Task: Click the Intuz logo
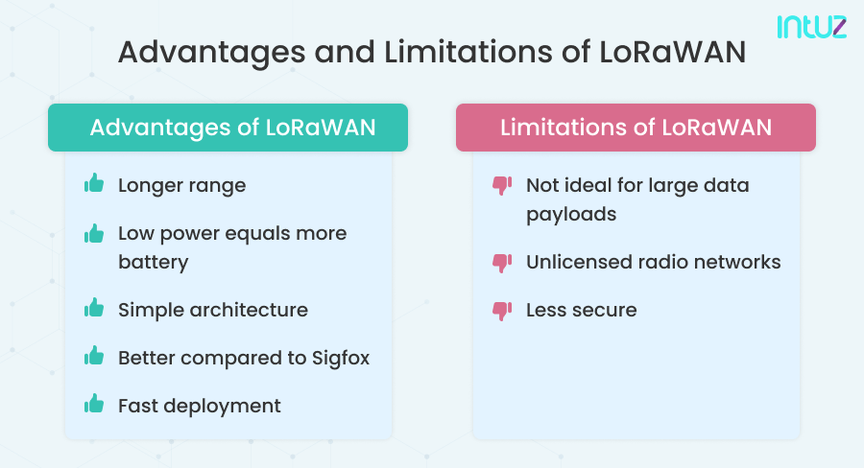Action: click(x=811, y=26)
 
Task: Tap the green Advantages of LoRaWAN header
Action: click(x=228, y=128)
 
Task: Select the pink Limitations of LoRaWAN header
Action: click(x=636, y=128)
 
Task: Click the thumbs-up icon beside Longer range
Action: click(x=94, y=184)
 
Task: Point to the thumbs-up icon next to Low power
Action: click(x=94, y=233)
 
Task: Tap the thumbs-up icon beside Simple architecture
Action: click(x=94, y=309)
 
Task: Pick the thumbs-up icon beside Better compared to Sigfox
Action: click(x=94, y=357)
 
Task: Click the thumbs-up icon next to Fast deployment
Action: click(x=94, y=405)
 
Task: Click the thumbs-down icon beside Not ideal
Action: click(x=501, y=184)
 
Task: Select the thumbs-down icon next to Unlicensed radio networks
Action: click(x=501, y=262)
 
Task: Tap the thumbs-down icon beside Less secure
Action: click(x=501, y=310)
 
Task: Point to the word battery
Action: click(x=153, y=262)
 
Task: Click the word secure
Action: click(x=604, y=310)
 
